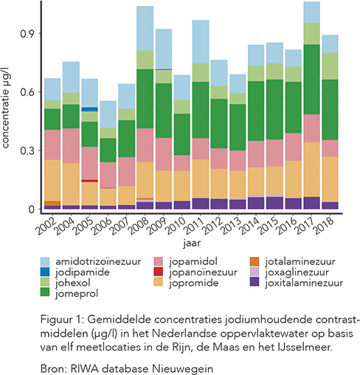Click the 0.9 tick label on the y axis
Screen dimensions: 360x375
(x=27, y=34)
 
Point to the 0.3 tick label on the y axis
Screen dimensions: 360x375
(x=27, y=151)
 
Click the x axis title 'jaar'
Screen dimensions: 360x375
(x=192, y=243)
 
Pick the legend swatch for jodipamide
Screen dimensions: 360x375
(x=45, y=272)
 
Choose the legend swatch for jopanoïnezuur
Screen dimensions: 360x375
(x=159, y=272)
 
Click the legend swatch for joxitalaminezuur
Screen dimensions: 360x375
(x=255, y=282)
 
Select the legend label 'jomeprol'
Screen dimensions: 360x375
(x=77, y=293)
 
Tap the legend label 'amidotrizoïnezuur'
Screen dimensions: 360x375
(x=98, y=261)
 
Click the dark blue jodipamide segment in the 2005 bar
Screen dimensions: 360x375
(x=89, y=109)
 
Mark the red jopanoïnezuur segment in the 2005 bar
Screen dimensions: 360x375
(x=89, y=181)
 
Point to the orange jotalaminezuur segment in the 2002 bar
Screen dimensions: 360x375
(x=52, y=203)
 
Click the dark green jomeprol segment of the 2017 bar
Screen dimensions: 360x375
(x=311, y=79)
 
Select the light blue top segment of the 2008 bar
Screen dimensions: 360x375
(x=145, y=28)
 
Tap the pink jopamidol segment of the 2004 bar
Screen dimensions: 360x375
(x=71, y=145)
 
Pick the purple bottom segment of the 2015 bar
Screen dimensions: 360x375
(x=274, y=203)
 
